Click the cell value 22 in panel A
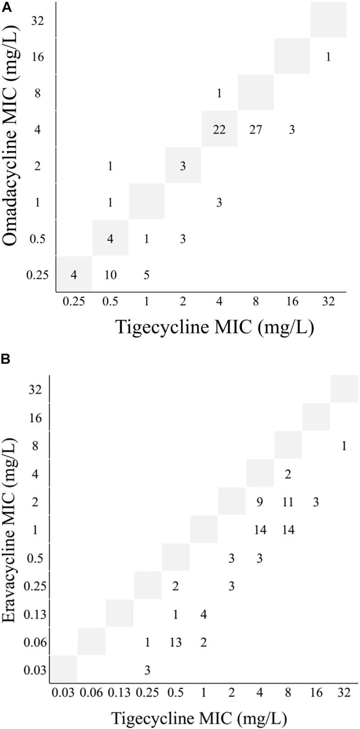[x=219, y=130]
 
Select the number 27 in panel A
[x=255, y=130]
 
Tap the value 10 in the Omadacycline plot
[x=110, y=275]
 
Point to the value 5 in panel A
[x=147, y=275]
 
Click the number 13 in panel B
[x=175, y=642]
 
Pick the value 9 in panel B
[x=259, y=502]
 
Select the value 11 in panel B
[x=288, y=502]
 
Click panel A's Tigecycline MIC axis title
[x=215, y=327]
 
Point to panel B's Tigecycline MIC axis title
[x=198, y=717]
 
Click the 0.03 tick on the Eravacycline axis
[x=36, y=670]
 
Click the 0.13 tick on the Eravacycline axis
[x=36, y=614]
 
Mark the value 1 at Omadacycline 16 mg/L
[x=328, y=57]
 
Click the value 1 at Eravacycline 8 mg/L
[x=344, y=446]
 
